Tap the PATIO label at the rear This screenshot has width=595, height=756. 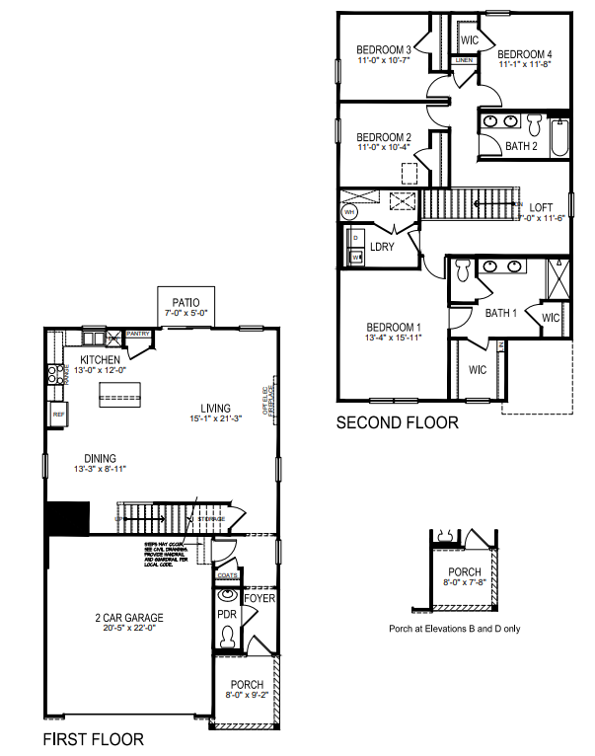pos(186,303)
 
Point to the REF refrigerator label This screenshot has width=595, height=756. pos(58,416)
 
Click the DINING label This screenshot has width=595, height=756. pos(100,458)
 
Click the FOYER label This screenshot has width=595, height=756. pos(260,599)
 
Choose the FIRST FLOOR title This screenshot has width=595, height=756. pos(93,738)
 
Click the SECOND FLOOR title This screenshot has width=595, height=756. pos(398,422)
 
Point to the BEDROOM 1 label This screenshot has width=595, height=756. pos(394,328)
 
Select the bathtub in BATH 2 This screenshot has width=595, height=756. pos(558,138)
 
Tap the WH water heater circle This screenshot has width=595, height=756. pos(349,211)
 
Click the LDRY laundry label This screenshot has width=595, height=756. pos(382,247)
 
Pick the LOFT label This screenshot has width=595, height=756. pos(542,206)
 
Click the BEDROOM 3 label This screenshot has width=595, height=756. pos(384,49)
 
